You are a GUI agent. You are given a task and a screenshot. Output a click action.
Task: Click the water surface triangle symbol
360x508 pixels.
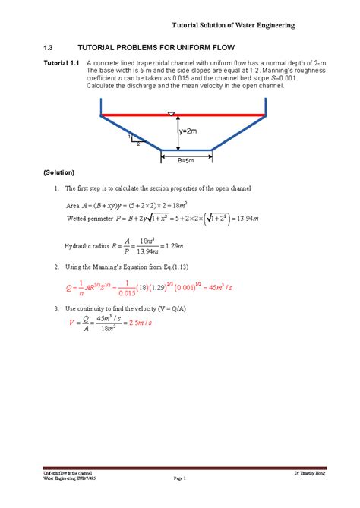pyautogui.click(x=172, y=114)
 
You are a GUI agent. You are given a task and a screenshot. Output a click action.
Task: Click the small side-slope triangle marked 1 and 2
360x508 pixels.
pyautogui.click(x=135, y=139)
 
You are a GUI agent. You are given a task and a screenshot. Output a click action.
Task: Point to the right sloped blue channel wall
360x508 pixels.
pyautogui.click(x=238, y=133)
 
